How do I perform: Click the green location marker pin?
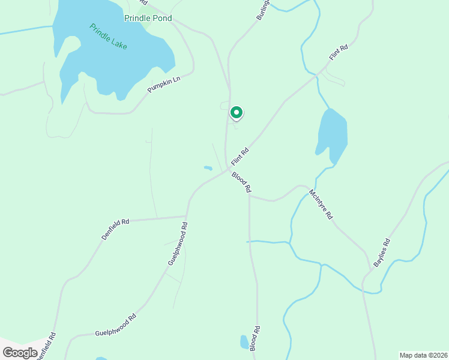click(x=237, y=112)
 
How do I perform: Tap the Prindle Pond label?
click(x=148, y=18)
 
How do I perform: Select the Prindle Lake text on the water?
click(x=109, y=37)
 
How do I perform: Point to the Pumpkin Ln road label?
click(x=164, y=85)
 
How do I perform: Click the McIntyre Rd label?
click(x=321, y=205)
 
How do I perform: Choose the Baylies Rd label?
click(x=382, y=253)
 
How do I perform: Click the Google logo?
click(x=20, y=352)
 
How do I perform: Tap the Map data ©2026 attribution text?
click(x=423, y=355)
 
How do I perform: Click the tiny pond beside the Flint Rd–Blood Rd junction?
click(x=208, y=168)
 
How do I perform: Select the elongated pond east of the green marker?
click(x=333, y=134)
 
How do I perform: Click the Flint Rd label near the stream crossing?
click(x=339, y=53)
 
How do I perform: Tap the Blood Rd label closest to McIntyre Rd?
click(x=241, y=182)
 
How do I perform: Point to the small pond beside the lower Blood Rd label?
click(x=244, y=342)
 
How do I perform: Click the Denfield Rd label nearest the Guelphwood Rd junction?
click(x=115, y=229)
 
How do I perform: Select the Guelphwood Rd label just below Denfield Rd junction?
click(x=178, y=244)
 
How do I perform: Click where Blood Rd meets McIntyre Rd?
click(x=250, y=196)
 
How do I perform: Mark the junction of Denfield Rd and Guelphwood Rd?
click(x=187, y=217)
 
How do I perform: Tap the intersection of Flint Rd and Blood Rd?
click(x=227, y=169)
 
